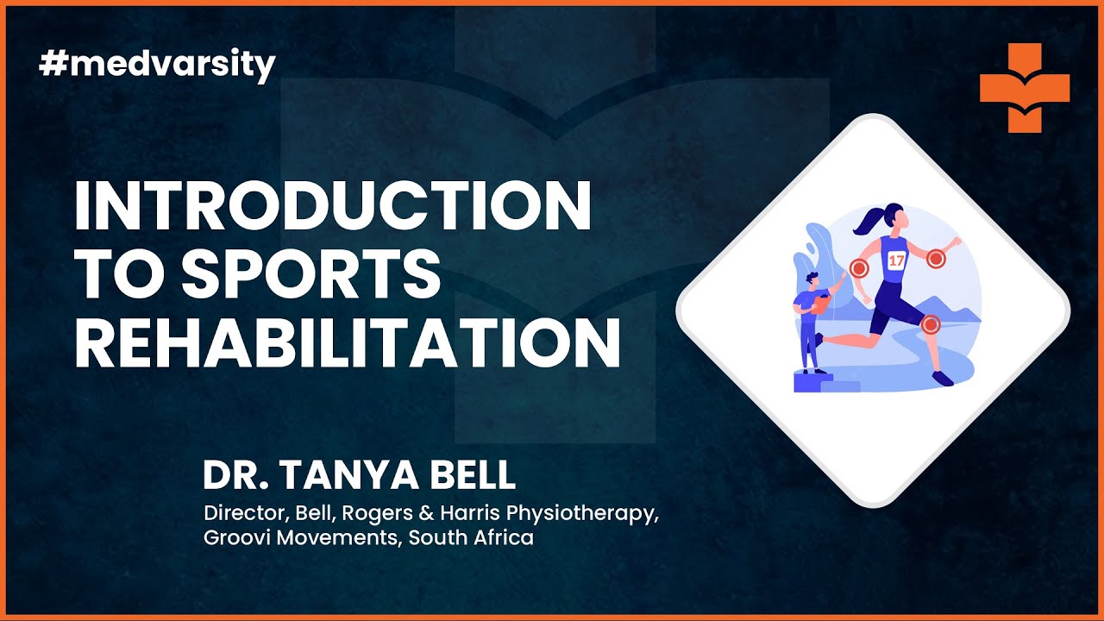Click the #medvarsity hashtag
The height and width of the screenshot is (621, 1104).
click(157, 65)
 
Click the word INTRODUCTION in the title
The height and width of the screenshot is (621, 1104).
click(332, 207)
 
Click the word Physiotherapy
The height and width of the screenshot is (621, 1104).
click(582, 513)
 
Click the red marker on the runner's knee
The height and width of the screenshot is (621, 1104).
click(930, 324)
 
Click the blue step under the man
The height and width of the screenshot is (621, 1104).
click(810, 382)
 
